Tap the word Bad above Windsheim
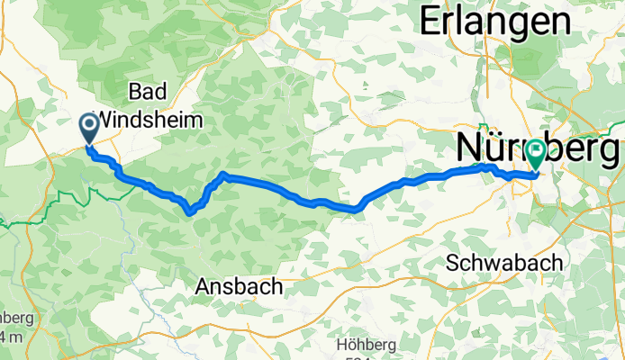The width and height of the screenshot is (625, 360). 146,93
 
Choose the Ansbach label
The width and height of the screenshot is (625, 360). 239,287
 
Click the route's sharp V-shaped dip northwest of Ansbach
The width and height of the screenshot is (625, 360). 190,212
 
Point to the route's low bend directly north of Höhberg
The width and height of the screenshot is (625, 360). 358,210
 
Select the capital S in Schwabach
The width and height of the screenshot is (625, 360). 455,262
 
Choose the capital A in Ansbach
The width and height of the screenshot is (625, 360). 204,287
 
